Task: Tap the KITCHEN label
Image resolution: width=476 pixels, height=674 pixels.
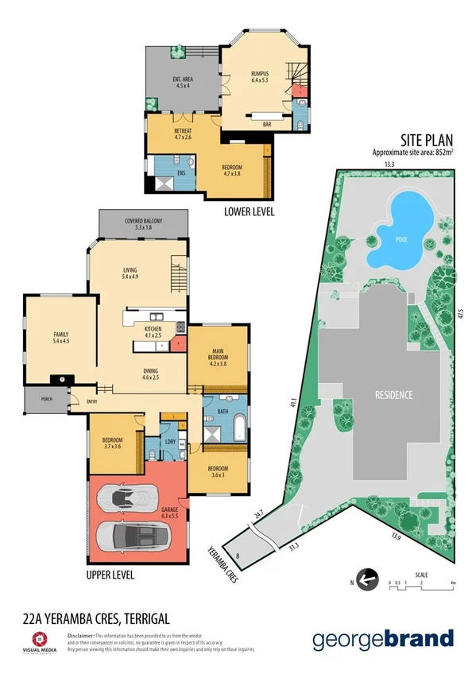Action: pos(153,329)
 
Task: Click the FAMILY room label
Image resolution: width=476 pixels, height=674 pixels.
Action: pos(60,335)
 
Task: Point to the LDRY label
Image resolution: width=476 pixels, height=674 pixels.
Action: pos(170,441)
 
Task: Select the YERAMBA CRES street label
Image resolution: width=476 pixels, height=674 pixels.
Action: pos(223,564)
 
